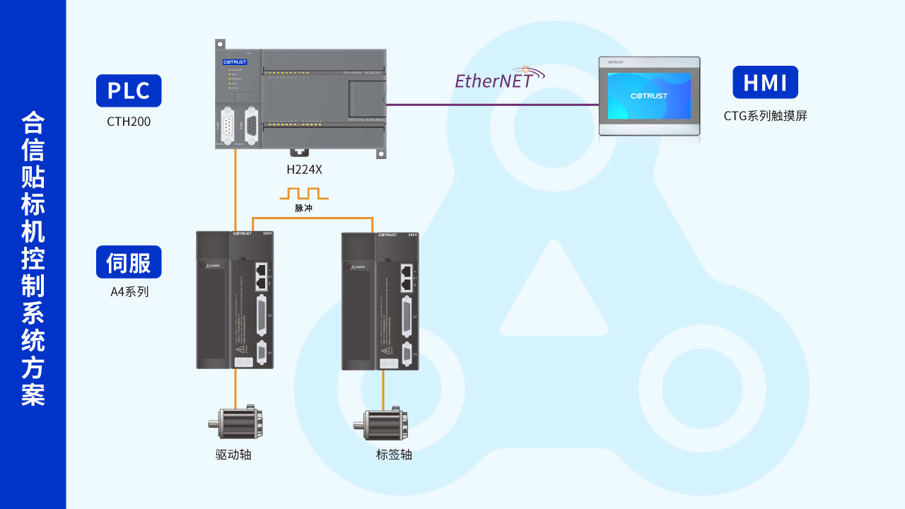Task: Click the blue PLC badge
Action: coord(129,90)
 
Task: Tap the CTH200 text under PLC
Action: coord(129,122)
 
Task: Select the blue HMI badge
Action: coord(765,83)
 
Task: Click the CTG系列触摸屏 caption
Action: coord(765,116)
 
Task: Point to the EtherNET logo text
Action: coord(494,81)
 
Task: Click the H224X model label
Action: coord(304,170)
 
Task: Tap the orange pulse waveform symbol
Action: coord(304,193)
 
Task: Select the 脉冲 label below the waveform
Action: coord(303,209)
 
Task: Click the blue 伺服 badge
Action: coord(129,262)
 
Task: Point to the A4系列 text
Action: coord(129,291)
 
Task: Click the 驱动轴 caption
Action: coord(233,455)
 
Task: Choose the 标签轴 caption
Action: coord(394,455)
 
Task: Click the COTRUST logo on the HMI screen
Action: coord(649,95)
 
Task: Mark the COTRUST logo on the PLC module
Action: coord(235,62)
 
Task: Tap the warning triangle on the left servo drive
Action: coord(240,349)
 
